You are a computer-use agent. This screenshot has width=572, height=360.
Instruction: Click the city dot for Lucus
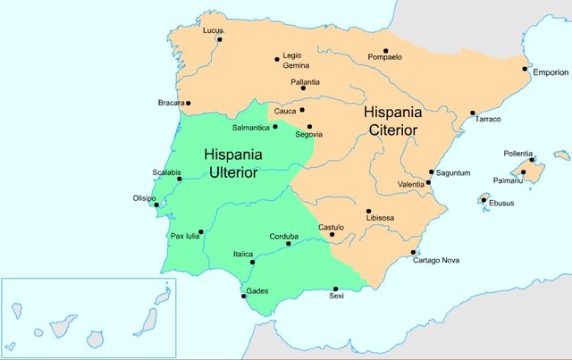[219, 39]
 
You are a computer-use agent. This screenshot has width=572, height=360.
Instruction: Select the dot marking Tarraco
[473, 113]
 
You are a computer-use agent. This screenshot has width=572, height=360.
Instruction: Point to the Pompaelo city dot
[386, 51]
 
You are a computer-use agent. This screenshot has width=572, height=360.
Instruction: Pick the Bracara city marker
[189, 104]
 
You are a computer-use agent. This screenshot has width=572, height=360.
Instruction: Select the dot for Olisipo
[157, 205]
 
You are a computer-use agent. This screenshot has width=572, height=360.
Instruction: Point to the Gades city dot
[243, 296]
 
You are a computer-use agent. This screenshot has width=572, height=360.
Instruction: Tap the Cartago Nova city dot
[413, 252]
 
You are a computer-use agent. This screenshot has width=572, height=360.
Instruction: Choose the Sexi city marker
[335, 289]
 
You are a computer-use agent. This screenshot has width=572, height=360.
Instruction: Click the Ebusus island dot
[484, 200]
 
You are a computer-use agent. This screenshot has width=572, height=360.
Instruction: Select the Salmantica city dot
[275, 127]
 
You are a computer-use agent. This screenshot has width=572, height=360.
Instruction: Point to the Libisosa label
[383, 219]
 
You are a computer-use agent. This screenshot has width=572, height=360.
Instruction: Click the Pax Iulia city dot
[201, 232]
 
